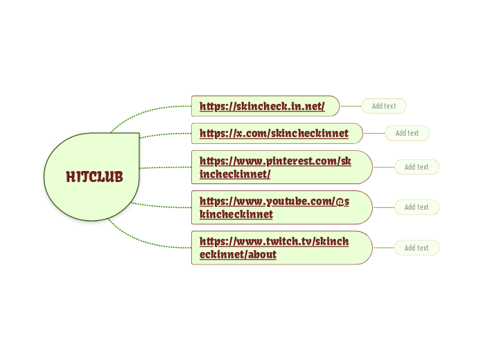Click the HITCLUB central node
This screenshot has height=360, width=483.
(x=94, y=177)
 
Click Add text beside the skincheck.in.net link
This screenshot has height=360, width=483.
(x=384, y=106)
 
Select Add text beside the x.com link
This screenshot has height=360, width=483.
(x=407, y=133)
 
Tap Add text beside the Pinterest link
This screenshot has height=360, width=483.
(x=416, y=167)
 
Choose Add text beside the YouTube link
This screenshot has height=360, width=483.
(x=416, y=207)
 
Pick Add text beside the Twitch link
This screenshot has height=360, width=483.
(x=416, y=248)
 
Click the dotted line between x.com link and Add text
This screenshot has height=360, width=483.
(x=375, y=133)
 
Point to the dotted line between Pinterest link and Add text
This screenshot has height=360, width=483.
(x=384, y=167)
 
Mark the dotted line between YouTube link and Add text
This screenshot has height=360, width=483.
(x=384, y=207)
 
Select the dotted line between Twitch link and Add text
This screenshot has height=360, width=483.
(x=384, y=248)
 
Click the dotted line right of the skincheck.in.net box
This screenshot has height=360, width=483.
(x=351, y=106)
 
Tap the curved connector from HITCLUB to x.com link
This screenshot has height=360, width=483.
(x=166, y=134)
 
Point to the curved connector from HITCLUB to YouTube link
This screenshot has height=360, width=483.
(x=163, y=206)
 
